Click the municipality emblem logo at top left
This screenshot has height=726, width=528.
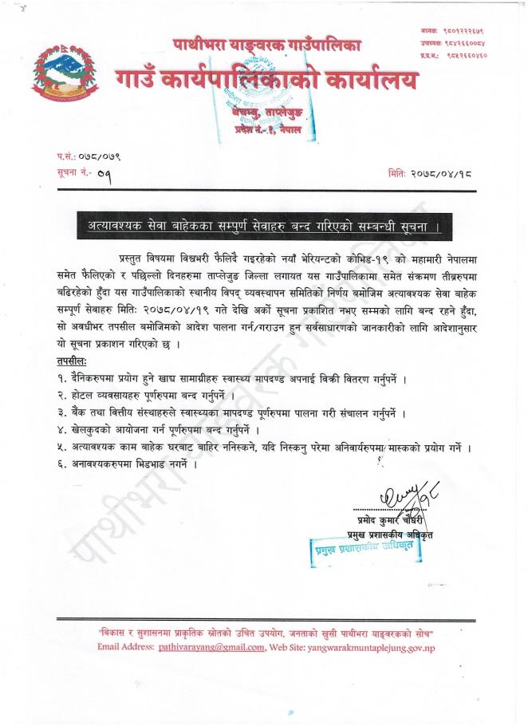pyautogui.click(x=62, y=77)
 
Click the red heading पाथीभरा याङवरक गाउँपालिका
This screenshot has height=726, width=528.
pyautogui.click(x=266, y=45)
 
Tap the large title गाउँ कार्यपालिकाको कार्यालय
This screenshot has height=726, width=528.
pyautogui.click(x=266, y=81)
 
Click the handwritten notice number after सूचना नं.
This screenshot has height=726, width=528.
pyautogui.click(x=104, y=172)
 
